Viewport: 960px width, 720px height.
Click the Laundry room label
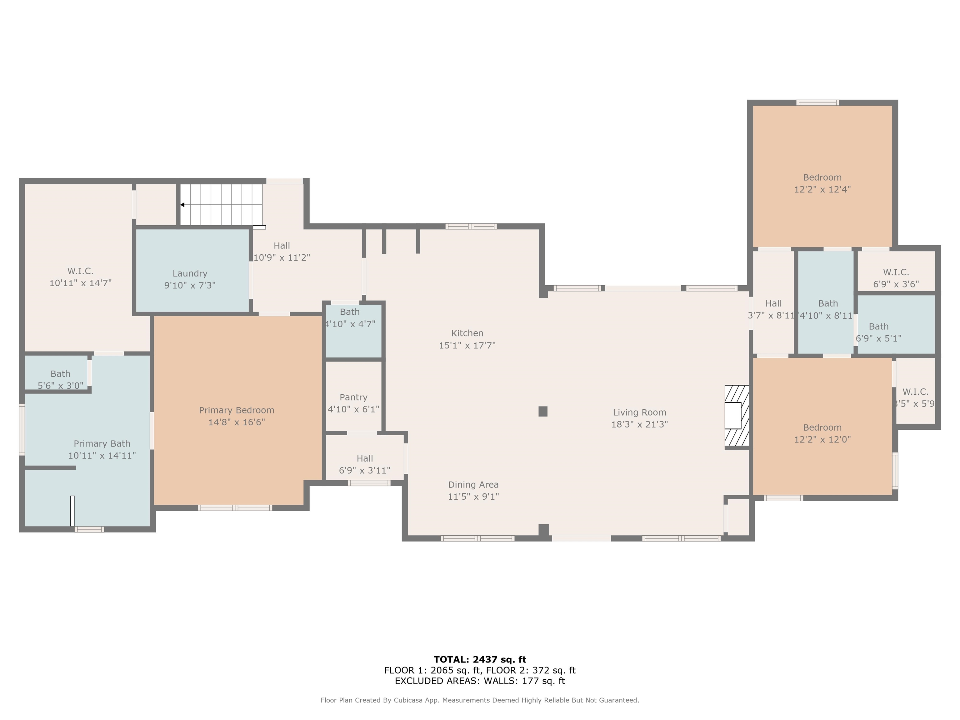pyautogui.click(x=190, y=273)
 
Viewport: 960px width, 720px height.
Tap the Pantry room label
pyautogui.click(x=353, y=397)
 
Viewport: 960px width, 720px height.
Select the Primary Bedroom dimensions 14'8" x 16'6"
pyautogui.click(x=237, y=422)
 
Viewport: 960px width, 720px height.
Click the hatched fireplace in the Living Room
pyautogui.click(x=737, y=416)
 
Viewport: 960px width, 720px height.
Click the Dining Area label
pyautogui.click(x=473, y=485)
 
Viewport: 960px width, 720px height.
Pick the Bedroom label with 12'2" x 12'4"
pyautogui.click(x=822, y=177)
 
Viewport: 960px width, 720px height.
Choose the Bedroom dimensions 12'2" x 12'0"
pyautogui.click(x=822, y=439)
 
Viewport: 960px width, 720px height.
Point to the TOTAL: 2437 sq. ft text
pyautogui.click(x=480, y=660)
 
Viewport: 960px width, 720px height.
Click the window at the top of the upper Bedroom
pyautogui.click(x=817, y=103)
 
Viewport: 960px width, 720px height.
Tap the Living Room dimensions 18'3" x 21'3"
pyautogui.click(x=639, y=424)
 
